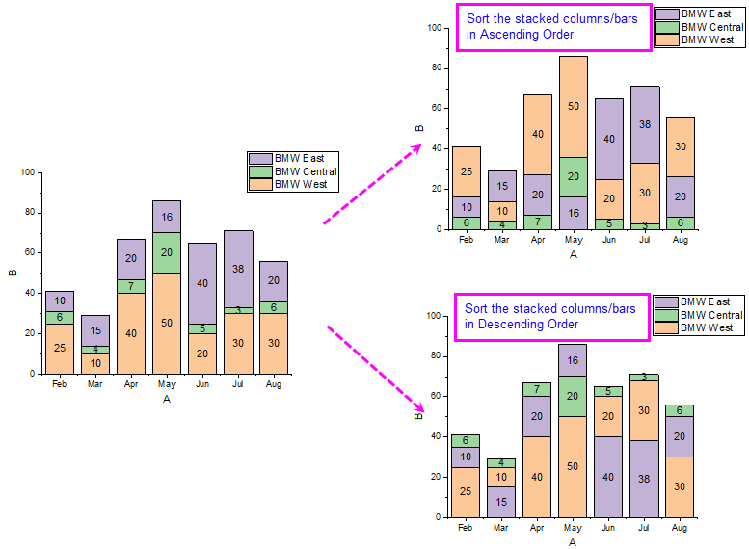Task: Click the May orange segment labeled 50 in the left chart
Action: coord(167,324)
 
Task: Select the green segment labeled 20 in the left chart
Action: coord(167,252)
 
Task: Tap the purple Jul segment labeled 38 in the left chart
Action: coord(238,269)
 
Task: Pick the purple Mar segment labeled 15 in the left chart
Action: coord(95,330)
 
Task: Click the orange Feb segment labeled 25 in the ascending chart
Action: coord(467,171)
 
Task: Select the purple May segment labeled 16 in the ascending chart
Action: coord(574,213)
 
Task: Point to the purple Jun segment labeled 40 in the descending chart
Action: coord(608,477)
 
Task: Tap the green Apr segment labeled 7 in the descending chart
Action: coord(537,389)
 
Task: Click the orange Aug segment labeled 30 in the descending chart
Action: coord(680,487)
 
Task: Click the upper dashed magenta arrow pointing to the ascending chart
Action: coord(373,184)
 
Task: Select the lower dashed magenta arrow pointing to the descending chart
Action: coord(376,369)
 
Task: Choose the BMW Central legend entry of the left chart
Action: coord(293,171)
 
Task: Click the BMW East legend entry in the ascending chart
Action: coord(700,13)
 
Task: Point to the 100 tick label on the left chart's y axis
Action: coord(28,172)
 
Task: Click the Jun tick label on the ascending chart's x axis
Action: coord(609,240)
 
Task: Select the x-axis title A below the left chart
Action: coord(167,399)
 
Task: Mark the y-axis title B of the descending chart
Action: coord(419,416)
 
